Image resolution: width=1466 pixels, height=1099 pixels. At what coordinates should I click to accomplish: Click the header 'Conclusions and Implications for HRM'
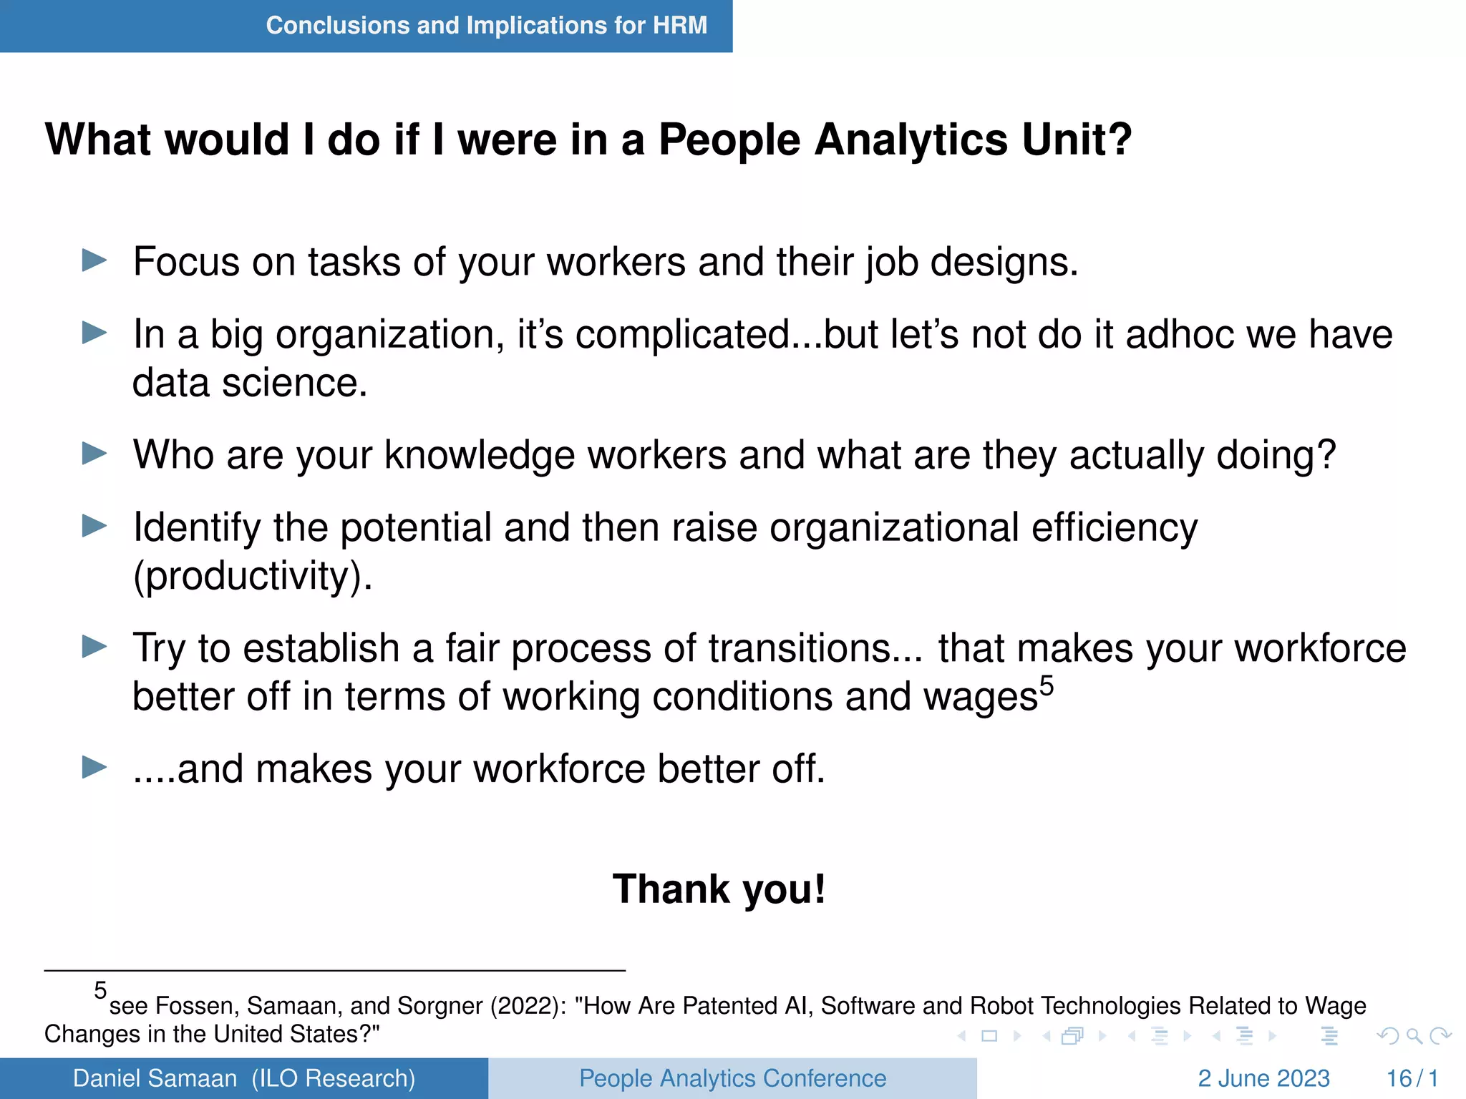[x=486, y=26]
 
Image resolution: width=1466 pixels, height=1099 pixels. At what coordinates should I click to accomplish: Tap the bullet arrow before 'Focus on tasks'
[x=94, y=260]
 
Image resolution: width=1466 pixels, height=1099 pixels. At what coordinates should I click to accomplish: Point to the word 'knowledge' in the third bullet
[x=479, y=455]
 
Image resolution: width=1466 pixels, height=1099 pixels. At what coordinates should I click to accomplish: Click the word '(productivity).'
[x=253, y=576]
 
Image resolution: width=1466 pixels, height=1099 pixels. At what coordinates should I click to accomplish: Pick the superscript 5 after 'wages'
[x=1047, y=686]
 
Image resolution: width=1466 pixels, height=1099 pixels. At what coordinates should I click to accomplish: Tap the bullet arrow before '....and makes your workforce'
[x=94, y=768]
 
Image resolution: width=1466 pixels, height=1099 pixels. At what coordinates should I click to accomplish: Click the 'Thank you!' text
[x=719, y=889]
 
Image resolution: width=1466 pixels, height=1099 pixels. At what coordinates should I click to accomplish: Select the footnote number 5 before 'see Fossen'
[x=100, y=991]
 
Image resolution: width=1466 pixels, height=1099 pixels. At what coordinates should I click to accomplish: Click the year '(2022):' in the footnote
[x=528, y=1006]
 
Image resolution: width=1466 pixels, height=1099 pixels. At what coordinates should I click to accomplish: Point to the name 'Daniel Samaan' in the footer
[x=155, y=1078]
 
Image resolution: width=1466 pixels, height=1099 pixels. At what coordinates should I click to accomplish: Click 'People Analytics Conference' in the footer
[x=732, y=1078]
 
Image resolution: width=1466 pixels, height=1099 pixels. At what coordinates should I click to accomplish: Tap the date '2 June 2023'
[x=1263, y=1078]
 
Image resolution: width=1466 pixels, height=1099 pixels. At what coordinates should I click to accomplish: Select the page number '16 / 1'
[x=1412, y=1078]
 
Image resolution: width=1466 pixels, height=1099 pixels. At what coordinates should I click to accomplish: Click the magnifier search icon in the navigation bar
[x=1414, y=1036]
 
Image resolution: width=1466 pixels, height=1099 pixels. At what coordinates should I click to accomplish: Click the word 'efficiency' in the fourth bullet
[x=1114, y=528]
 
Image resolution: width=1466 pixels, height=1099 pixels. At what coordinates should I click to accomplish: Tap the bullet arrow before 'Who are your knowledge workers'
[x=94, y=454]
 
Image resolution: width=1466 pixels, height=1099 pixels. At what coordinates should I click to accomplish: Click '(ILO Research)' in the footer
[x=334, y=1078]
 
